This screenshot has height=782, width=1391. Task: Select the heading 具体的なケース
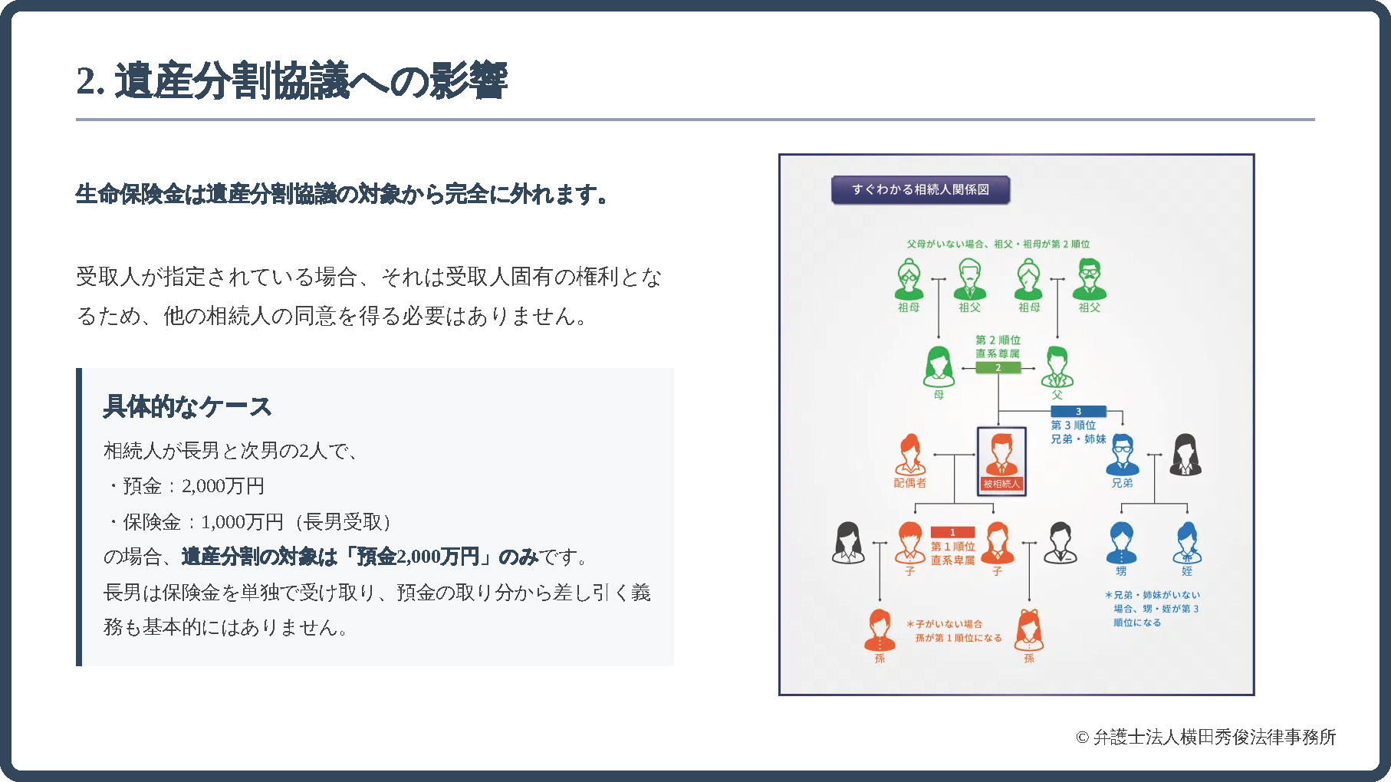[x=187, y=406]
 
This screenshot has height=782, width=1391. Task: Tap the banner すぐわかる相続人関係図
[x=920, y=189]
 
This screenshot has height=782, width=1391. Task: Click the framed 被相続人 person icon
[x=1001, y=461]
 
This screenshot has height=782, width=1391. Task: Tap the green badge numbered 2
[x=998, y=368]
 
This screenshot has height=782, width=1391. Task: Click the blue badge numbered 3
[x=1077, y=412]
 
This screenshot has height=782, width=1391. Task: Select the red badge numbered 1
[x=952, y=532]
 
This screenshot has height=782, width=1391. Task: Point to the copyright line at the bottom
[x=1205, y=738]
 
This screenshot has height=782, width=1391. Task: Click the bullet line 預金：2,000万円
[x=186, y=486]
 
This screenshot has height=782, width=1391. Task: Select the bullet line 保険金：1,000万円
[x=248, y=522]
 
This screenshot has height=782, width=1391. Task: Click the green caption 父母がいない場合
[x=998, y=244]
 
